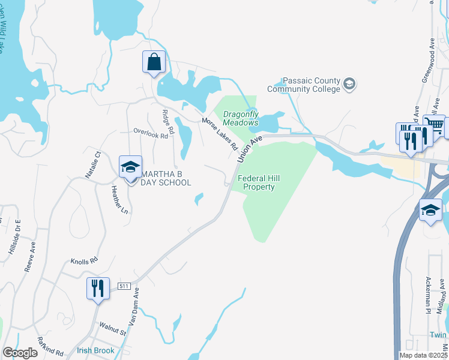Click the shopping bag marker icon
tap(154, 62)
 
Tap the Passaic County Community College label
tap(312, 85)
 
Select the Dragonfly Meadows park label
tap(241, 118)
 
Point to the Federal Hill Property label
tap(256, 182)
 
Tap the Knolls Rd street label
tap(83, 262)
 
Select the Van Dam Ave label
tap(133, 307)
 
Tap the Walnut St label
tap(113, 329)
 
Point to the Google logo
tap(20, 353)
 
